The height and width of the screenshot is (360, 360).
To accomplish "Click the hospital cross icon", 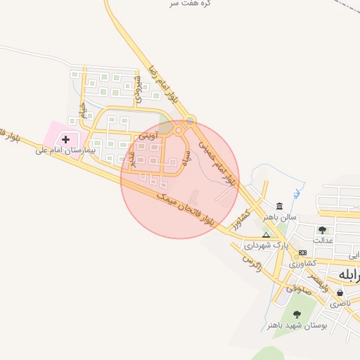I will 66,139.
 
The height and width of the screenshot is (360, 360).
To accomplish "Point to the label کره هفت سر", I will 187,4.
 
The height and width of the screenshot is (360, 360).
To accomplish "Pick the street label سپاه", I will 186,157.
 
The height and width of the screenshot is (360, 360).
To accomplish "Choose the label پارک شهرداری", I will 266,246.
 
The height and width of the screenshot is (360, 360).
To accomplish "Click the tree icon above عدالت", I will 322,229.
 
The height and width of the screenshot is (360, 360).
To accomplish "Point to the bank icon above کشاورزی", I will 302,252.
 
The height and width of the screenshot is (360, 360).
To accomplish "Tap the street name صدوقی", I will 299,288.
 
